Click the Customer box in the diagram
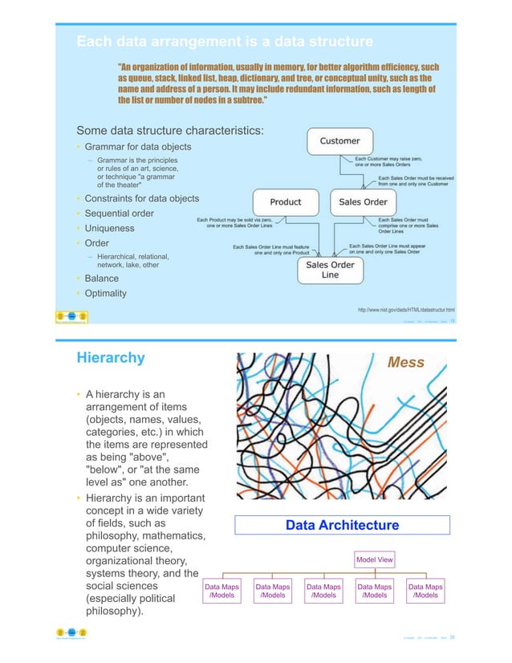point(340,141)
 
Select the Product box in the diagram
point(285,202)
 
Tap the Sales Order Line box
point(331,270)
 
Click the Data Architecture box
point(342,525)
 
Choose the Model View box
point(375,559)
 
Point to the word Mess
point(406,362)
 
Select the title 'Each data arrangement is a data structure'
point(224,41)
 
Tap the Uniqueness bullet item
point(111,229)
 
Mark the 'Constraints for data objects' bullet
point(141,198)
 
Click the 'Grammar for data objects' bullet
point(137,147)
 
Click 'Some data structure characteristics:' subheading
point(170,130)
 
